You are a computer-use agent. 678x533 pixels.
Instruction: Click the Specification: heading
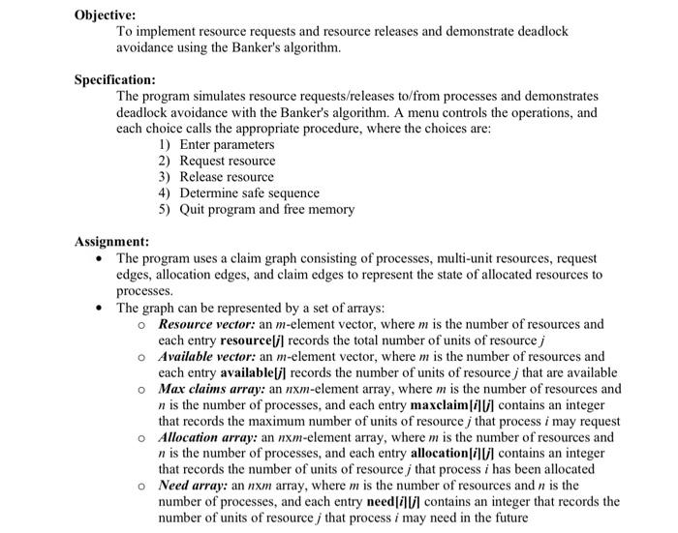(x=115, y=79)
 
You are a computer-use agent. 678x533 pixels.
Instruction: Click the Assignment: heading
(x=111, y=242)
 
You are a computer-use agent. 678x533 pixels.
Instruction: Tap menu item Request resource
(x=228, y=161)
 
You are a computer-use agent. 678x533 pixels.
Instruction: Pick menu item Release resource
(x=227, y=177)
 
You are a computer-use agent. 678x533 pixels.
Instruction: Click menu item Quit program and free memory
(x=267, y=209)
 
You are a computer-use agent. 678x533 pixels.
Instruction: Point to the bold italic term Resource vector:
(x=207, y=324)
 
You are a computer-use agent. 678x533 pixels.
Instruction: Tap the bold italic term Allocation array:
(x=210, y=437)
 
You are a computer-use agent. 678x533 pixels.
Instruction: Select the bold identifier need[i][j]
(x=385, y=502)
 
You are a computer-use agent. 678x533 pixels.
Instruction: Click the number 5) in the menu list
(x=164, y=209)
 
